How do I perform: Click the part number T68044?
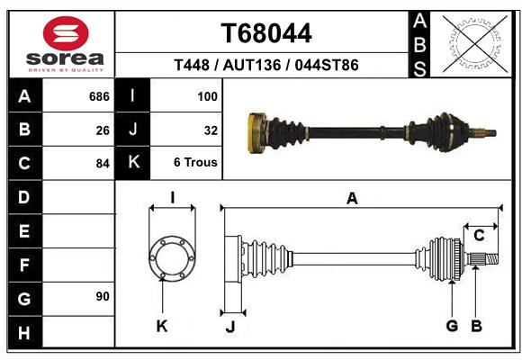tap(266, 33)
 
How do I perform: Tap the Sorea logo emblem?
tap(67, 35)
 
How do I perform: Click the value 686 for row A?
tap(99, 96)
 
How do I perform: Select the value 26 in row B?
tap(102, 130)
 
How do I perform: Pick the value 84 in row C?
tap(102, 164)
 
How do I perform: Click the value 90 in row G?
tap(102, 297)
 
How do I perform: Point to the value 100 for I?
tap(207, 96)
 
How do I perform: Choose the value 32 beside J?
tap(211, 130)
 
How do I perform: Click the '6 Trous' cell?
tap(195, 163)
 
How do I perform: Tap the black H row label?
tap(24, 333)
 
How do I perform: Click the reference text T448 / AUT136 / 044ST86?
tap(266, 65)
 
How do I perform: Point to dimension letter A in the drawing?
tap(352, 199)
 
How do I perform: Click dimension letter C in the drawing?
tap(479, 236)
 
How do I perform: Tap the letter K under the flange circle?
tap(162, 326)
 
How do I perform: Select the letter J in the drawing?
tap(229, 327)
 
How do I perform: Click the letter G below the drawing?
tap(452, 326)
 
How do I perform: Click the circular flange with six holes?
tap(172, 259)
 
